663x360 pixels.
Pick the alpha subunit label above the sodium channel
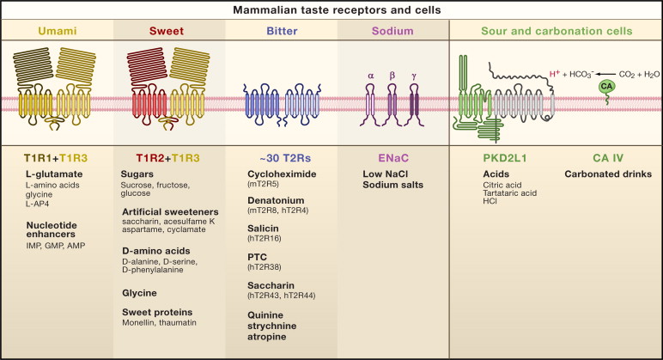click(371, 75)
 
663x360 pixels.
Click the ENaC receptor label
click(392, 157)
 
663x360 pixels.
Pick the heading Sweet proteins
click(155, 311)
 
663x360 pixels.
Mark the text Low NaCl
click(383, 174)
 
